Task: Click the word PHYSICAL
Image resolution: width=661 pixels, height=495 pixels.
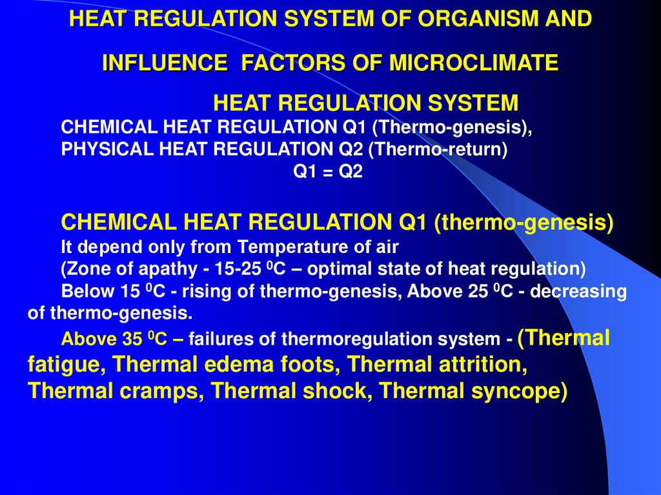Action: [x=103, y=150]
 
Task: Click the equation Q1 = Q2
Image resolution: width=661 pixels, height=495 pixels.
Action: [x=329, y=172]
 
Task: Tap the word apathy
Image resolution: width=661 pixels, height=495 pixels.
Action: [x=155, y=268]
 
